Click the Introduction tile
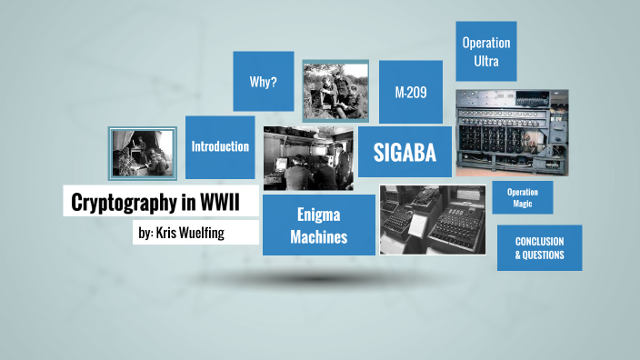(220, 146)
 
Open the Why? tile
(264, 82)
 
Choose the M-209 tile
(411, 92)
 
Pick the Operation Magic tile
(523, 197)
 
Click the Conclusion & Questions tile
(539, 248)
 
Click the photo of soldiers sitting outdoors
(335, 91)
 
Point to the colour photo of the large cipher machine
(512, 132)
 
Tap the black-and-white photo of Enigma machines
(433, 219)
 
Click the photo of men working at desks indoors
(308, 157)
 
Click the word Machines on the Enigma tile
(319, 238)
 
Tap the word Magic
(523, 204)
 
